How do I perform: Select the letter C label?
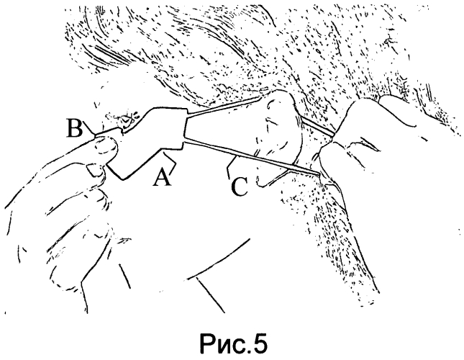240,186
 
